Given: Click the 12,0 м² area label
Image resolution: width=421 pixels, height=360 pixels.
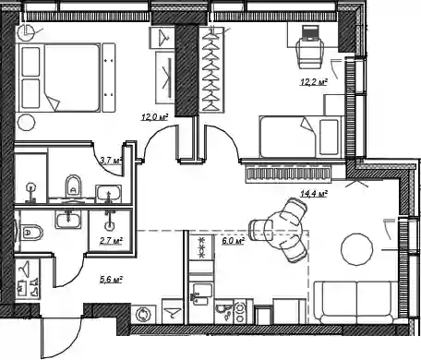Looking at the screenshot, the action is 155,117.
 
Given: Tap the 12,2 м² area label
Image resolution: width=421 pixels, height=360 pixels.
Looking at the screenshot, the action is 314,82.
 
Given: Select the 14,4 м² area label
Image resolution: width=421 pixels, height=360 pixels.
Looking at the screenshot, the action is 314,194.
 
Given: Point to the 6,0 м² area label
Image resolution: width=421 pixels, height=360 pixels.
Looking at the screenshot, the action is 234,241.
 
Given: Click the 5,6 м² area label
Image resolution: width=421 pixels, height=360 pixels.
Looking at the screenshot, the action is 111,280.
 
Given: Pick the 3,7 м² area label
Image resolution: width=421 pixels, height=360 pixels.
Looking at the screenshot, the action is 111,160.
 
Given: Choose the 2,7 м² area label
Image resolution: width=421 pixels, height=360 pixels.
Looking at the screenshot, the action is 111,240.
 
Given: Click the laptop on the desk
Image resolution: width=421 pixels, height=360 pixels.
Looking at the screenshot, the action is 310,33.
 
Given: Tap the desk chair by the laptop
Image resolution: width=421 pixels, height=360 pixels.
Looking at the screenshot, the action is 310,54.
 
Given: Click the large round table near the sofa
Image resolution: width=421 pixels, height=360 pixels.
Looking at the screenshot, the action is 357,249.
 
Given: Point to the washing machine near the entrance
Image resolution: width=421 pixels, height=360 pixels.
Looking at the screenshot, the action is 143,315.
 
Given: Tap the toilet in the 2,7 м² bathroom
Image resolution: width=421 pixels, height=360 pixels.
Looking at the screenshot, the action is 30,233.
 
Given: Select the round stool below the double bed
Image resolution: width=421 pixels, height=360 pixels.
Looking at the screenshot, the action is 27,123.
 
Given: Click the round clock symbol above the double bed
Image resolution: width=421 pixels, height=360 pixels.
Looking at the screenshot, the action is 26,32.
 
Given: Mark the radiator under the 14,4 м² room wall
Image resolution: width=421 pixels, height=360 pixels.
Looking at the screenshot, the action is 289,174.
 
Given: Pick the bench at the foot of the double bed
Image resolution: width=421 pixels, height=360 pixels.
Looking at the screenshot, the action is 109,78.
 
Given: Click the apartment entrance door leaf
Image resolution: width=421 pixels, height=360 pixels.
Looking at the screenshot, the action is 42,339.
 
